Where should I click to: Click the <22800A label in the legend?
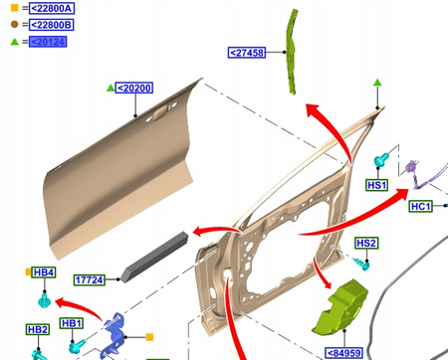52,8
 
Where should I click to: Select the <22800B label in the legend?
52,25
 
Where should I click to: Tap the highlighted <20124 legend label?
48,42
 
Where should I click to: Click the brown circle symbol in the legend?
14,24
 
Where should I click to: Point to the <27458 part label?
247,53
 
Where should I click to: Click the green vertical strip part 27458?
291,52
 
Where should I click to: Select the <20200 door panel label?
134,88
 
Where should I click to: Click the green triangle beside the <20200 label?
111,88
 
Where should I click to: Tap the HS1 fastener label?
377,185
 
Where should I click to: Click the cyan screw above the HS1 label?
381,160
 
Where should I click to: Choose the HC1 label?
421,206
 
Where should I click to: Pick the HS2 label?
366,244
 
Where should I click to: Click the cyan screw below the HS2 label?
361,264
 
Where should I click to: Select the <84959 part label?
344,353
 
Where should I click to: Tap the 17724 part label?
90,280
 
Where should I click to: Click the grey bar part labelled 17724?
154,257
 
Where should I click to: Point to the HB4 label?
44,272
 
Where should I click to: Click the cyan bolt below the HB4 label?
44,300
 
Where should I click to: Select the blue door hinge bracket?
112,335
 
